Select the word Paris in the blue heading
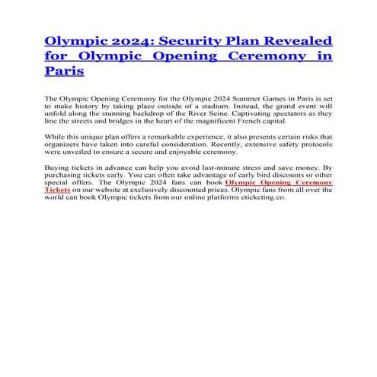pos(64,72)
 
